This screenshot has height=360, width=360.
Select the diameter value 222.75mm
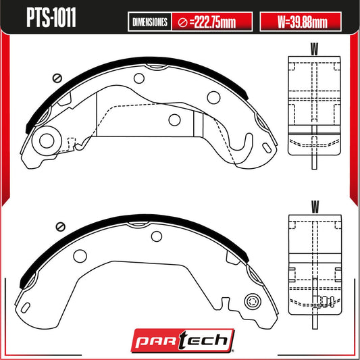(x=212, y=22)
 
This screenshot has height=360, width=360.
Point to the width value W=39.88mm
(x=303, y=22)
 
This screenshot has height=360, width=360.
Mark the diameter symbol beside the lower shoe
(x=59, y=226)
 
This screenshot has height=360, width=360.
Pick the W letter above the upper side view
(x=314, y=48)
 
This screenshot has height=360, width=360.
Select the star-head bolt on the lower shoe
(x=254, y=301)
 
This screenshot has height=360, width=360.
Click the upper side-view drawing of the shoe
(x=314, y=105)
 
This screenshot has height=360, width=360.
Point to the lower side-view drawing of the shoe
(x=314, y=263)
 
